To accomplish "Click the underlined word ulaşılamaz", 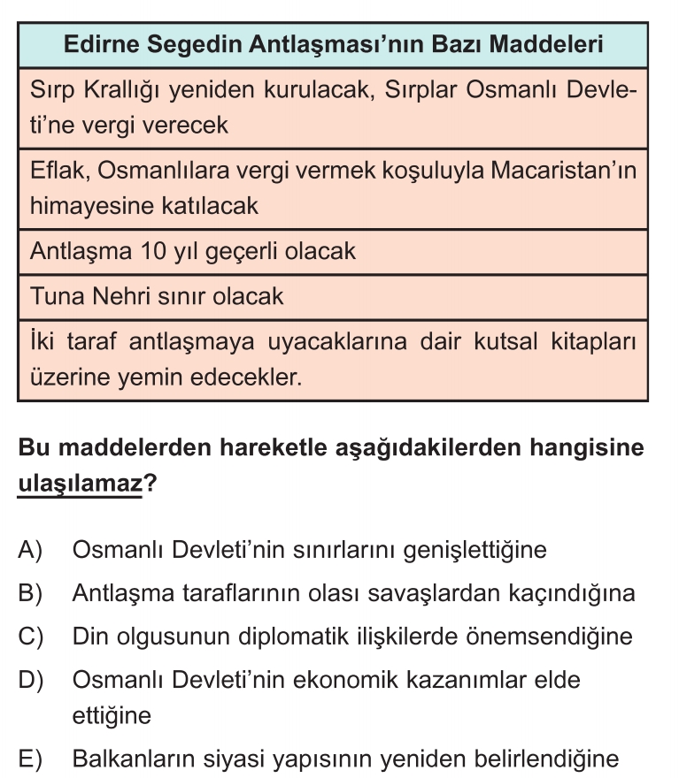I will tap(80, 484).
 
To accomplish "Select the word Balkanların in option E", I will tap(136, 759).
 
